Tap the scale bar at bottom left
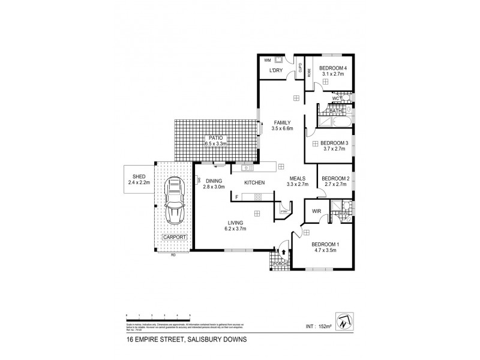(158, 316)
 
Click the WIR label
(317, 211)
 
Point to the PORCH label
(280, 263)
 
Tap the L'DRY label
(275, 71)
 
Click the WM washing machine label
(267, 60)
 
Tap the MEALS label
(298, 178)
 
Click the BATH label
(335, 110)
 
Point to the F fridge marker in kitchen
(237, 197)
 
